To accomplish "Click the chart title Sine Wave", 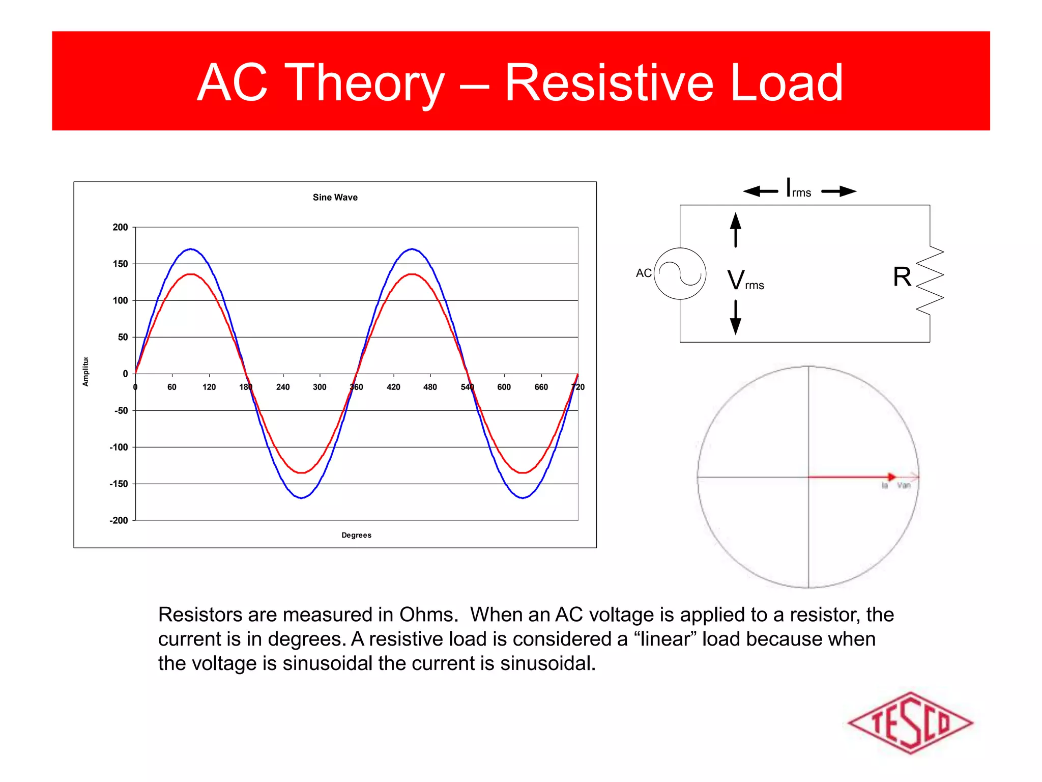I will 335,197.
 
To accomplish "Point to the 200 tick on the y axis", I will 120,227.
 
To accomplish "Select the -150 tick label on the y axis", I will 119,484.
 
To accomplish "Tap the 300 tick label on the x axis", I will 320,387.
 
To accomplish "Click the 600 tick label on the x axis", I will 504,387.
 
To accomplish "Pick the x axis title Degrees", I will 356,535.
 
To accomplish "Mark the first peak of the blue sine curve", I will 190,249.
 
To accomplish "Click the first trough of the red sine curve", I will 302,472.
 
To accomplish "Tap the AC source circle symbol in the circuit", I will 680,273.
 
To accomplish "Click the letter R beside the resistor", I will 902,277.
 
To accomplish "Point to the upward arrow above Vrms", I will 735,229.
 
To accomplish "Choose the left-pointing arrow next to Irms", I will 760,191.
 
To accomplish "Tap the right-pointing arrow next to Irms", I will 840,191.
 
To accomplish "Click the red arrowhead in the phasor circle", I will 891,477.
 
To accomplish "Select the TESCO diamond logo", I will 910,722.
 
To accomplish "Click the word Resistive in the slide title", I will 609,82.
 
